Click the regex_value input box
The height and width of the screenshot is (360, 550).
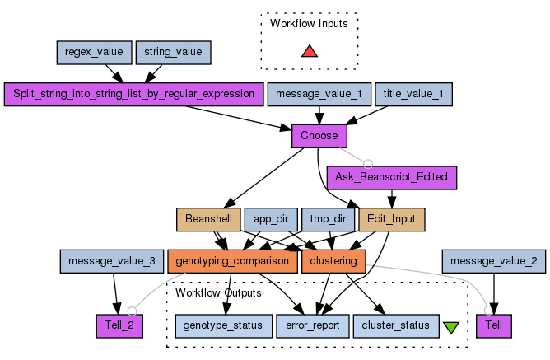(x=94, y=53)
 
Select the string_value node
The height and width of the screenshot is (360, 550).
(x=173, y=53)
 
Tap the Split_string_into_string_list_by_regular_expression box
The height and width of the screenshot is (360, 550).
(x=134, y=94)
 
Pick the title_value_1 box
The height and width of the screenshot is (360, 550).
(x=414, y=94)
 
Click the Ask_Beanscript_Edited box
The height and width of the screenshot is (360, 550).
(x=392, y=176)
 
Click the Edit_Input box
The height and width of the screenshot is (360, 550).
(x=392, y=220)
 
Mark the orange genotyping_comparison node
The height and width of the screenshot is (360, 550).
(x=231, y=261)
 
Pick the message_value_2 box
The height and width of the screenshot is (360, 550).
(x=493, y=261)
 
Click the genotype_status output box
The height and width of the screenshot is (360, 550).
(x=222, y=325)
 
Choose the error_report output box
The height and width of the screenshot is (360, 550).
(x=313, y=325)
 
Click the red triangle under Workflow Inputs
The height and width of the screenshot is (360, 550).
(x=309, y=52)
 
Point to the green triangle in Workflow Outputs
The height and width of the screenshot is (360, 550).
(x=451, y=327)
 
